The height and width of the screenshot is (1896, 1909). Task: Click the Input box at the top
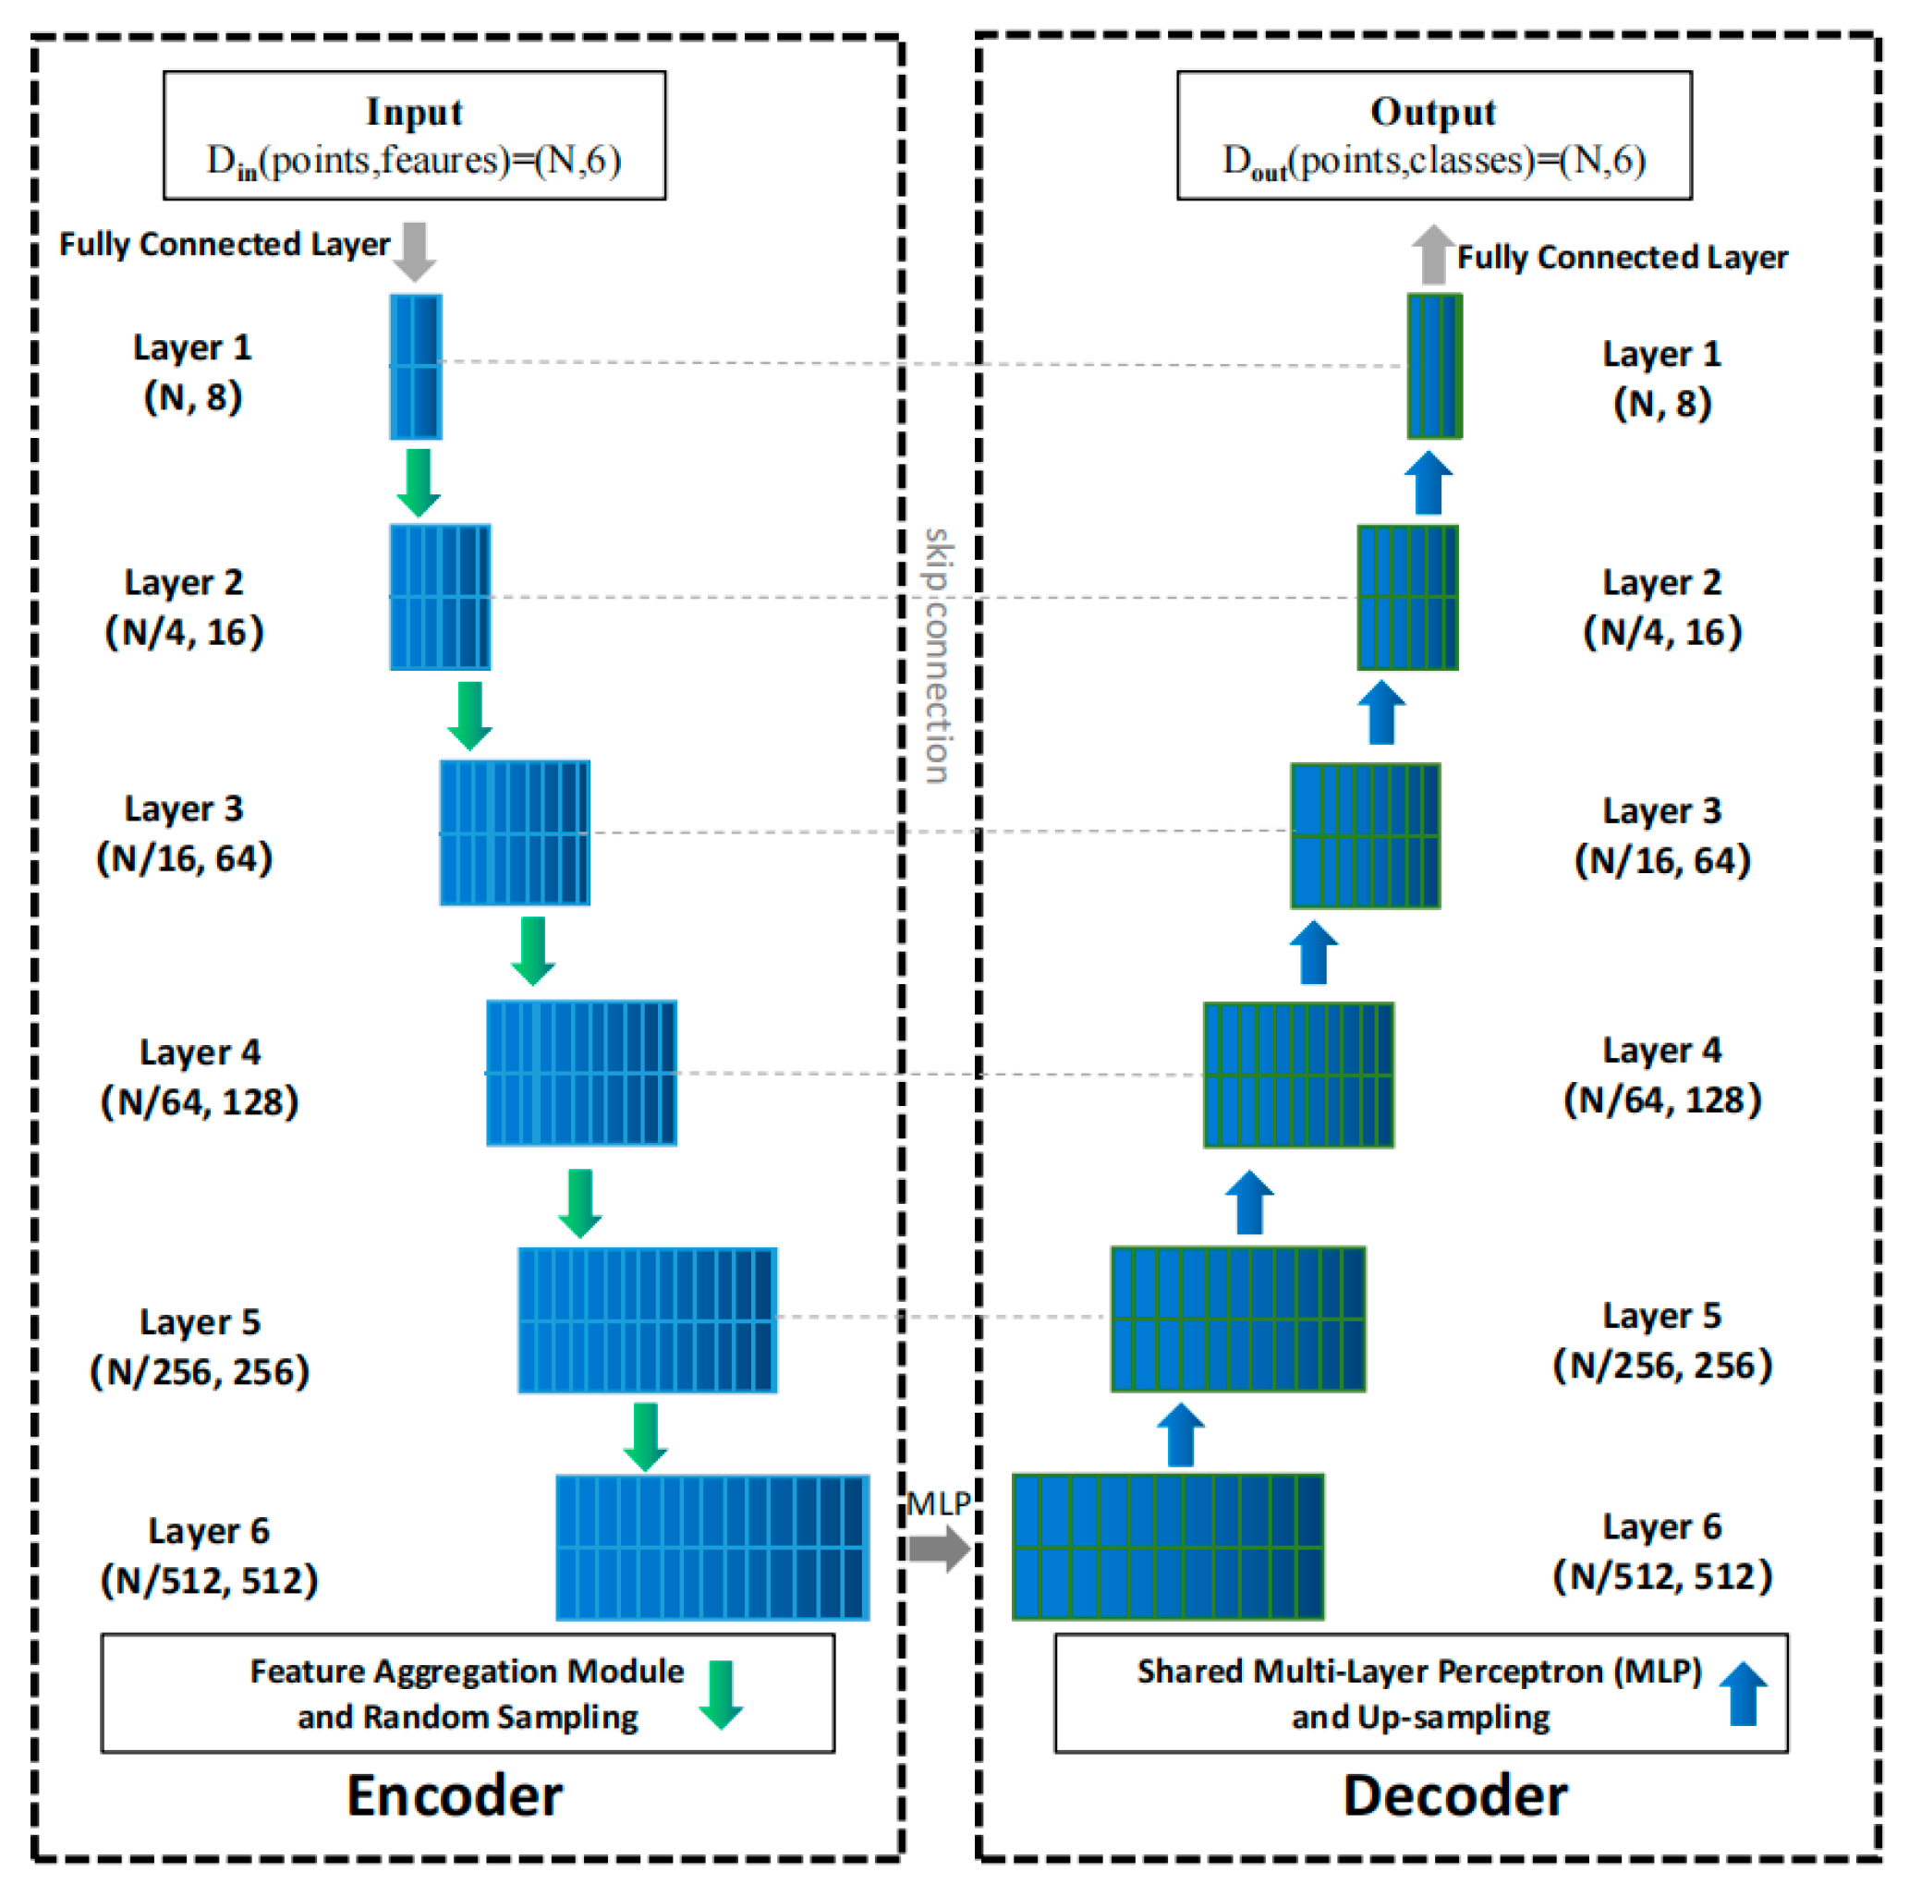coord(414,135)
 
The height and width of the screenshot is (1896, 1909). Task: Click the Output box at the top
coord(1434,135)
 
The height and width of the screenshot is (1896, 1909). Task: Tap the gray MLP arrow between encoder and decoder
coord(939,1549)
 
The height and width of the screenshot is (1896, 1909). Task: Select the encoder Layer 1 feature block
coord(415,367)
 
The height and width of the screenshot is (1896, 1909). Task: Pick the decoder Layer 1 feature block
coord(1434,367)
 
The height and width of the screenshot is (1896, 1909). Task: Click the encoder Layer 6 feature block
coord(712,1548)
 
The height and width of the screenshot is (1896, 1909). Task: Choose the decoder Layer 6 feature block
coord(1168,1548)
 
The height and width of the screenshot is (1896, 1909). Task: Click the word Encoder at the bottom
coord(455,1795)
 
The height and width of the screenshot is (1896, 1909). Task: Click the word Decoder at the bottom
coord(1454,1795)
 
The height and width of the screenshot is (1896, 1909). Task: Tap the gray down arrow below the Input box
coord(415,251)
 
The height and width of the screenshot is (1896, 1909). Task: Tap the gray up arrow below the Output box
coord(1433,255)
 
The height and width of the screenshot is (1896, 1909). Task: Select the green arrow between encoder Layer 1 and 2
coord(419,482)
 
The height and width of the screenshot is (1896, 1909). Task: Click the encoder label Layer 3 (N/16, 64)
coord(184,833)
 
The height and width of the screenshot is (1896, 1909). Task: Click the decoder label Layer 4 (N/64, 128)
coord(1662,1075)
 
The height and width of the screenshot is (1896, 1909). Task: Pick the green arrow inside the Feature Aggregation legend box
coord(722,1695)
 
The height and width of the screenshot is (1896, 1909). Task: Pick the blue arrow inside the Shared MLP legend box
coord(1743,1694)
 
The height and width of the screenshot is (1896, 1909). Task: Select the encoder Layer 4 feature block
coord(581,1073)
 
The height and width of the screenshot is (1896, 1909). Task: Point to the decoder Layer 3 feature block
coord(1366,836)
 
